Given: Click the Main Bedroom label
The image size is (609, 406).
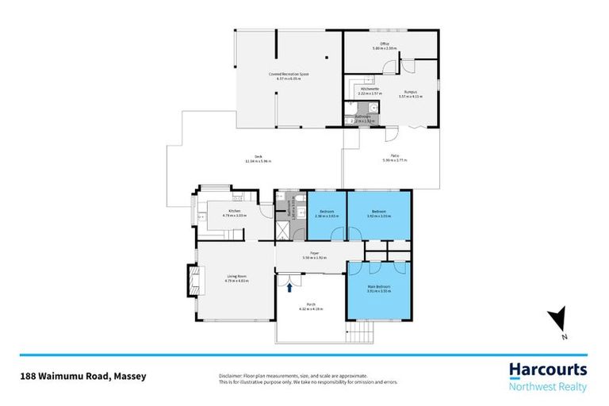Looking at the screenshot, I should click(378, 288).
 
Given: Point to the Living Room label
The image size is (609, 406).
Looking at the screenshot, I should click(216, 277).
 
